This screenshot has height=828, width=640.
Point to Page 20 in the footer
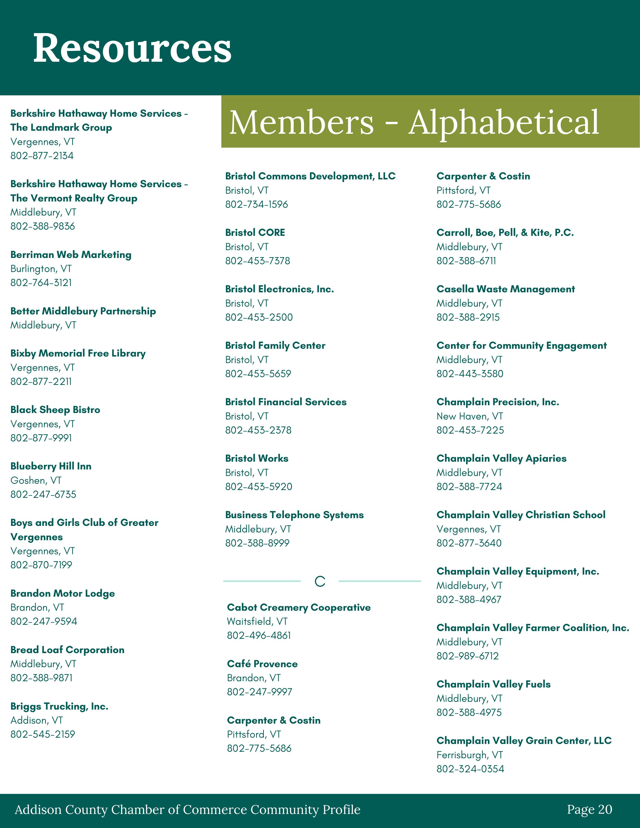point(589,809)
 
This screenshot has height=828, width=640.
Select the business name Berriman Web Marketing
point(71,254)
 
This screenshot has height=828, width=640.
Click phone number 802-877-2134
point(42,156)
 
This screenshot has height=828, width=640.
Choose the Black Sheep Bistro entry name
point(55,409)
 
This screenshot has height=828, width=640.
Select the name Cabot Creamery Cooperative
point(299,607)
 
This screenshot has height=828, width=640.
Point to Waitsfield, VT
point(257,622)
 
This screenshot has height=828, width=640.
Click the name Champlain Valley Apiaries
point(501,458)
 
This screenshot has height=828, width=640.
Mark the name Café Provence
point(262,664)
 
